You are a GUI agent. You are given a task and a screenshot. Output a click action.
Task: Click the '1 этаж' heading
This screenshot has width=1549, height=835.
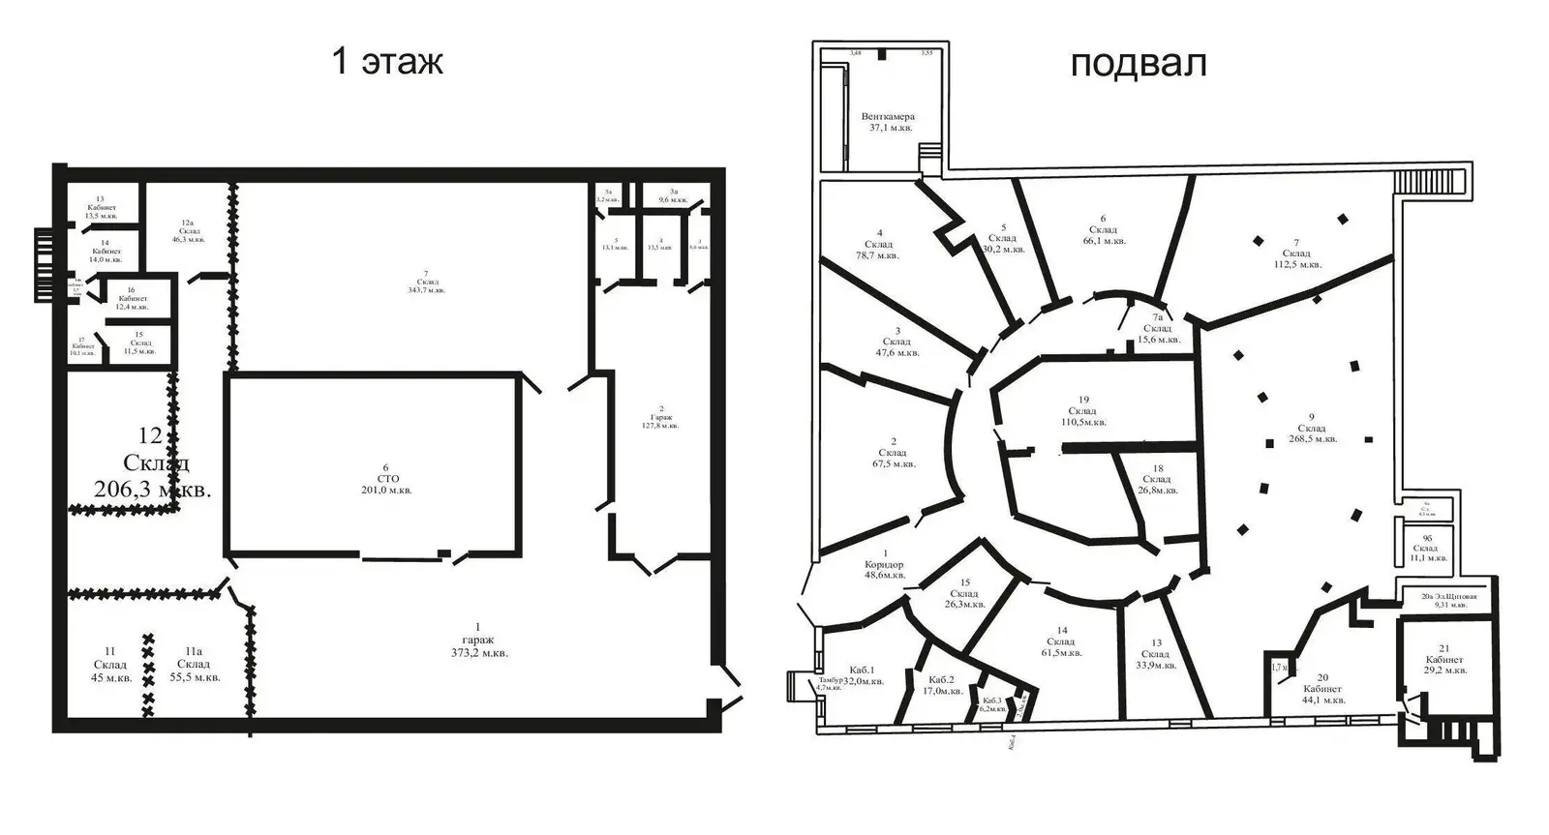coord(387,61)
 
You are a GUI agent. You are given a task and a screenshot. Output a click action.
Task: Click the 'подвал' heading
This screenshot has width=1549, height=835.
coord(1138,63)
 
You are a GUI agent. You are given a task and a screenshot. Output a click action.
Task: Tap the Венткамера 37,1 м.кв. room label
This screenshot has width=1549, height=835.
coord(888,121)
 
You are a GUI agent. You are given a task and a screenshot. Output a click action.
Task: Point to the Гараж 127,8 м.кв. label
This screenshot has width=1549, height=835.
coord(660,416)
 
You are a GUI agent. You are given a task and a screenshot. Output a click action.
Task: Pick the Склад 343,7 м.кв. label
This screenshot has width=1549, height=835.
coord(425,285)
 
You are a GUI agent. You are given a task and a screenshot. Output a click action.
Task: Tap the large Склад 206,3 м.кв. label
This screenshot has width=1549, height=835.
coord(153,463)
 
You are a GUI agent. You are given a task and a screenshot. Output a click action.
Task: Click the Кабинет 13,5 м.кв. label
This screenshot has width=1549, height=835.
coord(101,208)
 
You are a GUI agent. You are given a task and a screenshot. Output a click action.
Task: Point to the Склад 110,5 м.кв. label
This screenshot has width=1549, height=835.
coord(1083,410)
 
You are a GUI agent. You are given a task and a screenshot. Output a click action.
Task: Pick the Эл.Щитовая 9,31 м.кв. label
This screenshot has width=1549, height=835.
coord(1448,601)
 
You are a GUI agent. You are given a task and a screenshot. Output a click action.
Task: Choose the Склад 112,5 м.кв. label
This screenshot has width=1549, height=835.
coord(1295,253)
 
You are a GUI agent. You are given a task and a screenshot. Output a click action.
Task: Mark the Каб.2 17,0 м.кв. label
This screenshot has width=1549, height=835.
coord(941,684)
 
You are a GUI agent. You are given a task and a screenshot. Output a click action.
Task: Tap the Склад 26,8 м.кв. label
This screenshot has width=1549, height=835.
coord(1157,479)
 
